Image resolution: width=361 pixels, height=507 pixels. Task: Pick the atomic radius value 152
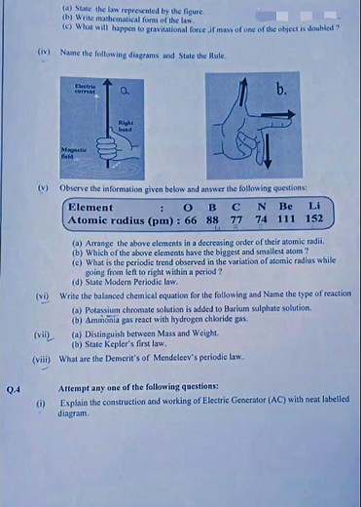pos(313,220)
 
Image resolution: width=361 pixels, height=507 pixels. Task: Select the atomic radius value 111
pos(286,220)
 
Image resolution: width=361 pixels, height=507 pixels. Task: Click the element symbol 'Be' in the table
pos(285,207)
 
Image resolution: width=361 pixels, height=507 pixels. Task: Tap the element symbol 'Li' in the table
pos(313,207)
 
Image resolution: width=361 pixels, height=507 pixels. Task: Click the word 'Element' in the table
pos(91,207)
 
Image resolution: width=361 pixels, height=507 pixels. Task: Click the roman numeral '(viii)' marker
pos(40,359)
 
